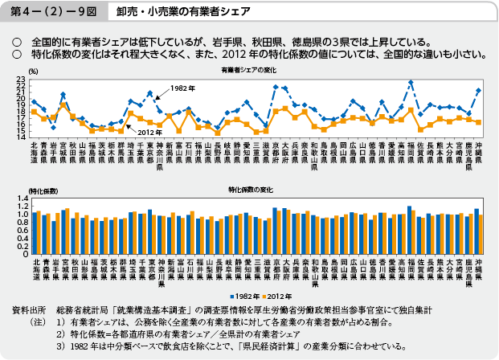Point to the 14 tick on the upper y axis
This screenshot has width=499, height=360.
(22, 137)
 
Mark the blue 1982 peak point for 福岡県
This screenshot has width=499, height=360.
(411, 82)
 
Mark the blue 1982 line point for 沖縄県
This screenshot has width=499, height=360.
(479, 91)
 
